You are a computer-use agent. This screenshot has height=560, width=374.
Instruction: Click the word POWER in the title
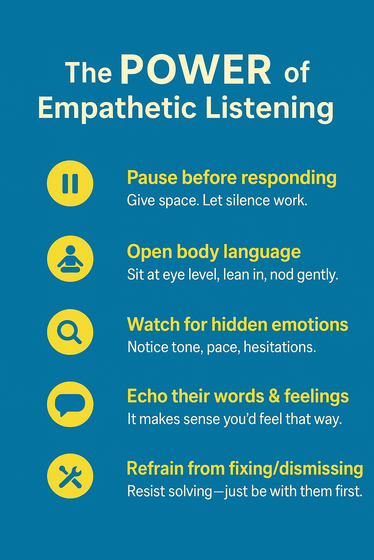coord(196,70)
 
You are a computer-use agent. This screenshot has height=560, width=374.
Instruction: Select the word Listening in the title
coord(270,109)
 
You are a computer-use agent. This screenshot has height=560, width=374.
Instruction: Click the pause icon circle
coord(70,183)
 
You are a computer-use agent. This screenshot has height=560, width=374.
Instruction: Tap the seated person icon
coord(70,258)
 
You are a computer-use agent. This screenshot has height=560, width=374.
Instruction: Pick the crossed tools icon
coord(70,476)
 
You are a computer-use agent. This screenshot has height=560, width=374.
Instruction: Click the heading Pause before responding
coord(232,178)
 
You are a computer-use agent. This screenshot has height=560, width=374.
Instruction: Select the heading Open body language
coord(214,252)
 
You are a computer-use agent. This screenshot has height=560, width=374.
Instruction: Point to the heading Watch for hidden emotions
coord(237,324)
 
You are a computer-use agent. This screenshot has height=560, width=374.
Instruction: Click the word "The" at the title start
coord(88,72)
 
